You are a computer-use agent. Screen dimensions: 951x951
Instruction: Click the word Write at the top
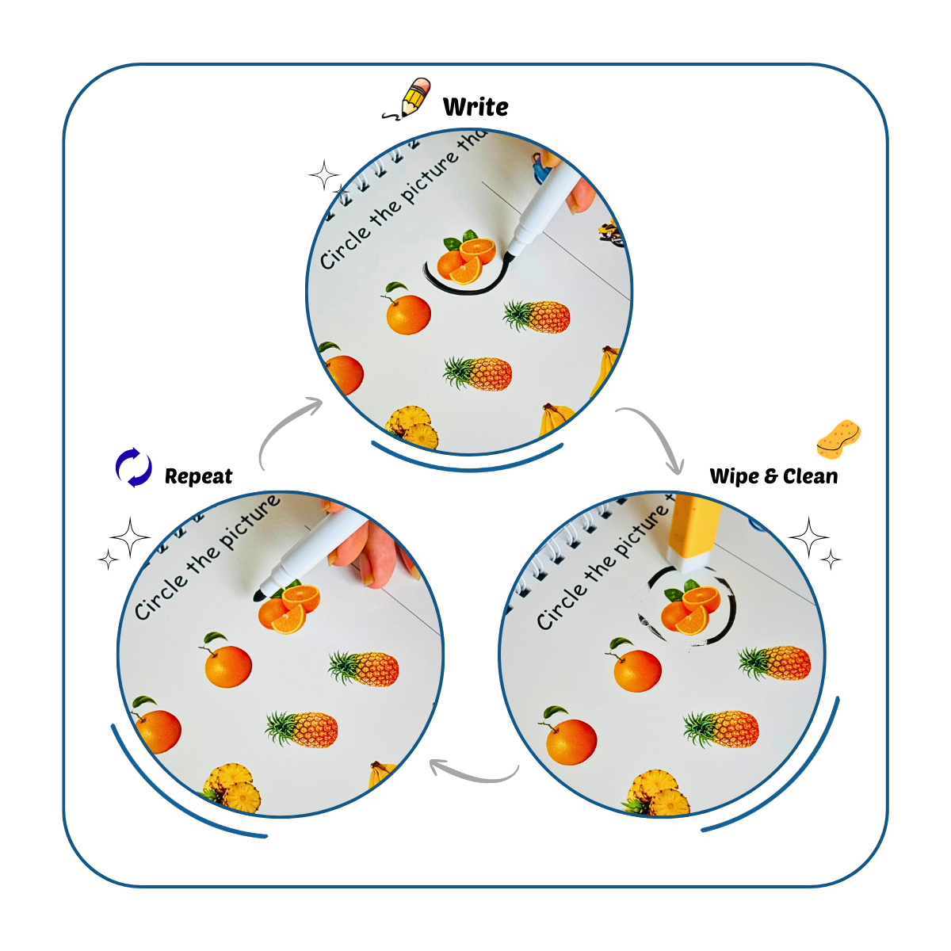click(475, 106)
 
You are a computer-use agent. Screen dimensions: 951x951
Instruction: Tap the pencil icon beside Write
click(409, 100)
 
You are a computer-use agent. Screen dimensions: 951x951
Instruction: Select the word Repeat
click(198, 476)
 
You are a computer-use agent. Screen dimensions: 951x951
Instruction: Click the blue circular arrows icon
click(134, 468)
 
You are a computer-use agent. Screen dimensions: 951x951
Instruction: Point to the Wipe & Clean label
click(773, 476)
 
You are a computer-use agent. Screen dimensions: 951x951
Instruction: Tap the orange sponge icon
click(838, 438)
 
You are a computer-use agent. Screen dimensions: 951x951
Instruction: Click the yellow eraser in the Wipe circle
click(693, 533)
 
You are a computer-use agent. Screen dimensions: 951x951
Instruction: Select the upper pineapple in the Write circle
click(537, 316)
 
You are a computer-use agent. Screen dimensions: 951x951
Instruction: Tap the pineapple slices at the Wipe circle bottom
click(657, 793)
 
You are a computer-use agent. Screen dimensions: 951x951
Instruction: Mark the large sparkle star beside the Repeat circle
click(131, 538)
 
